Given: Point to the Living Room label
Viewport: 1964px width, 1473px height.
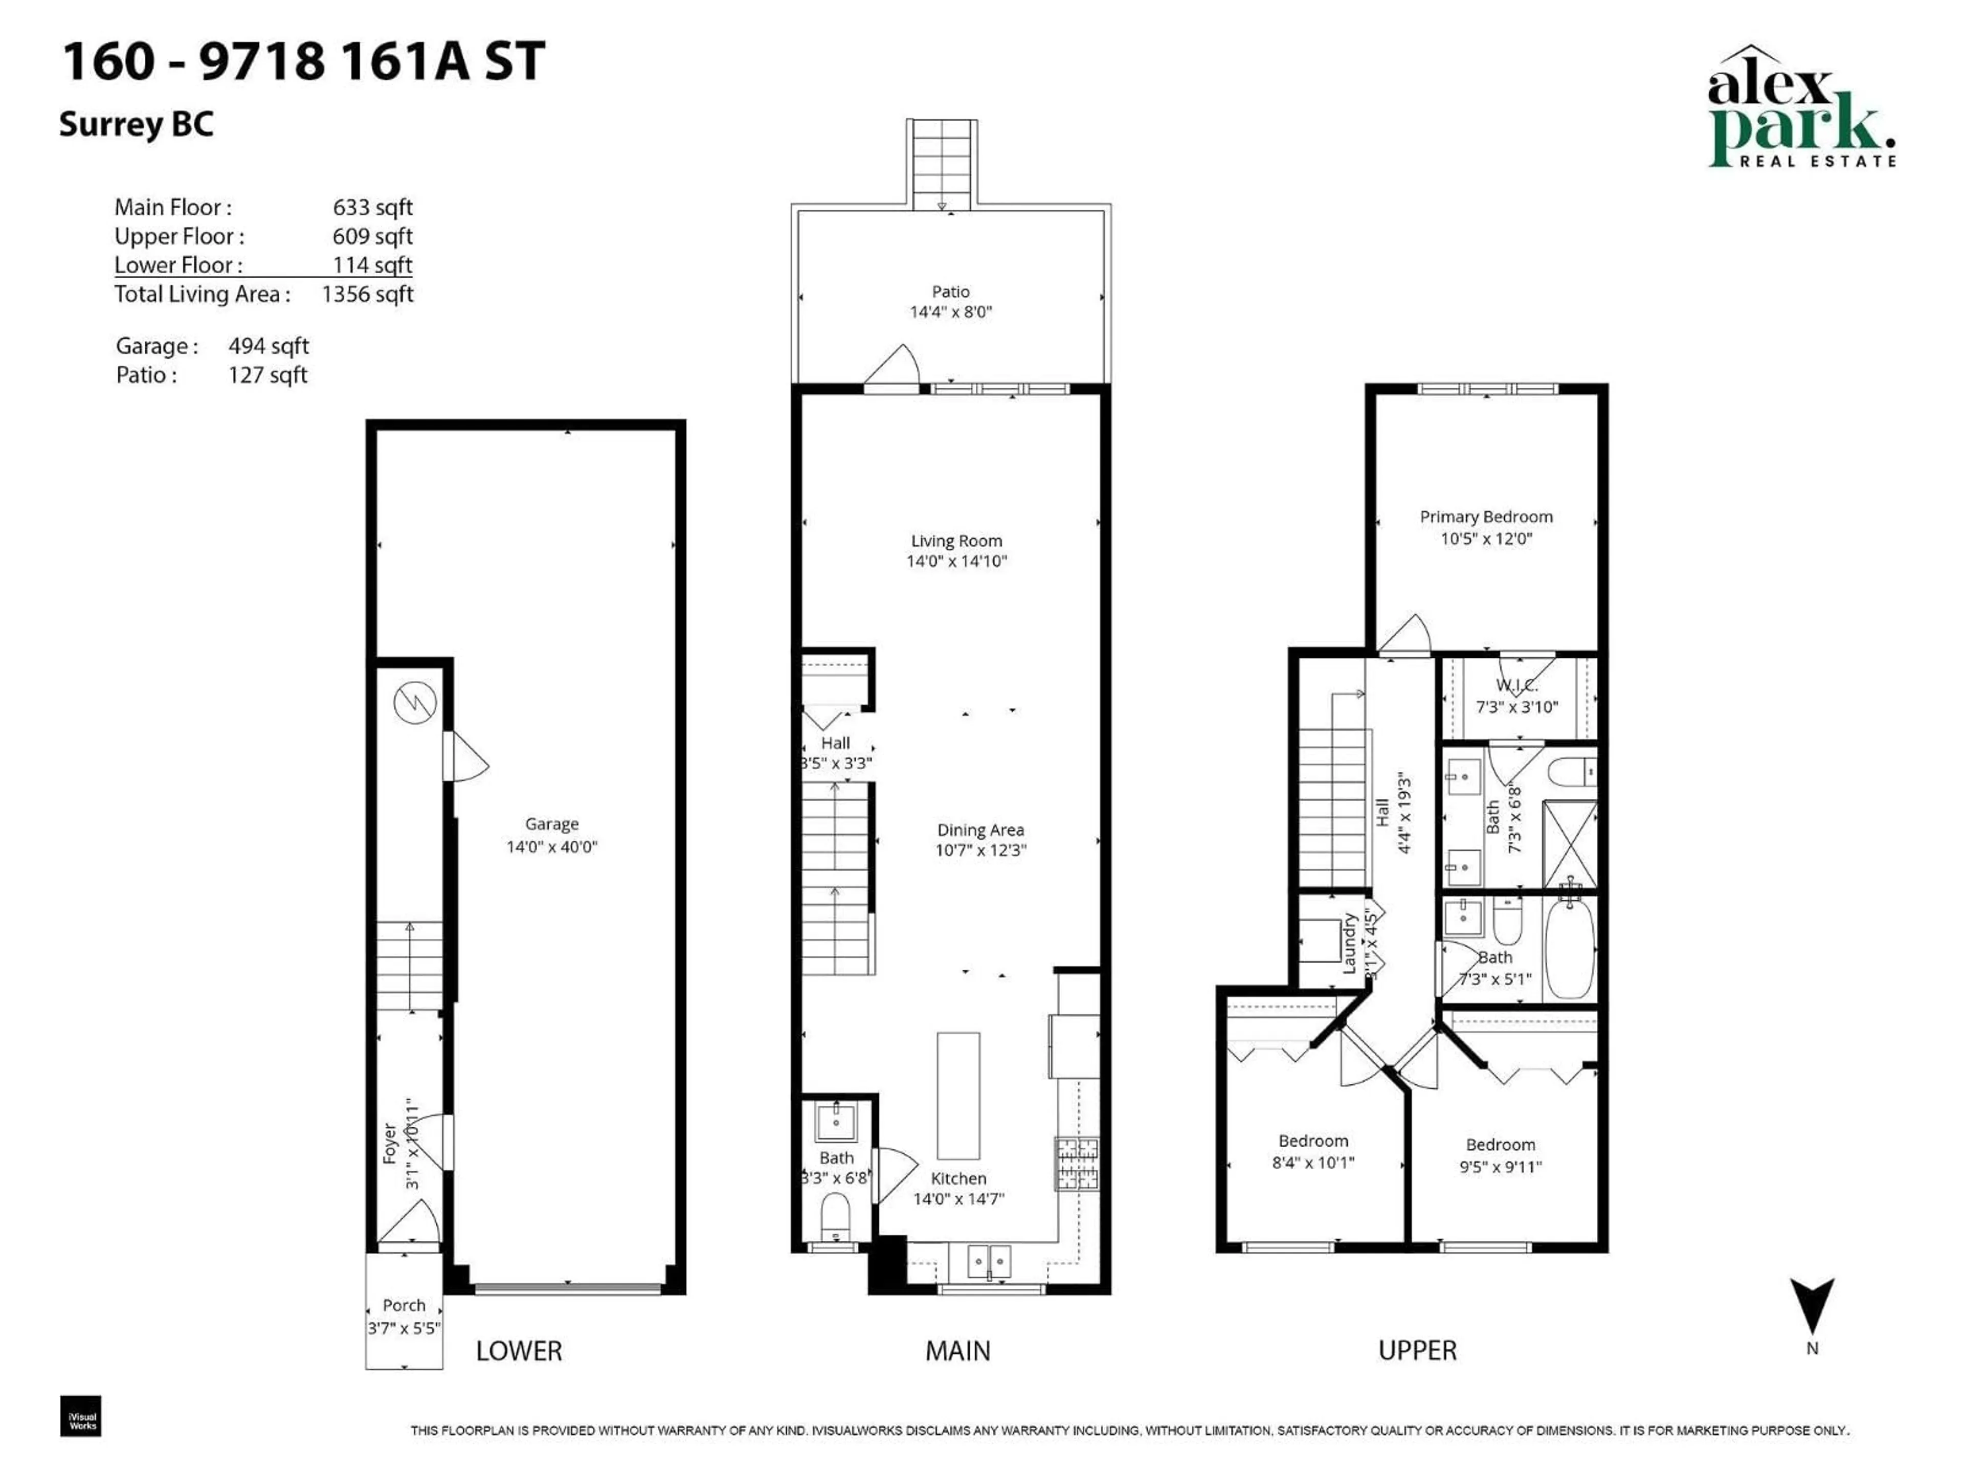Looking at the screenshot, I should (956, 541).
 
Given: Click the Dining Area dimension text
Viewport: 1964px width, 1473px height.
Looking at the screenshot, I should (980, 850).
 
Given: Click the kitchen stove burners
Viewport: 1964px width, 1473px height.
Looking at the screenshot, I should (1076, 1163).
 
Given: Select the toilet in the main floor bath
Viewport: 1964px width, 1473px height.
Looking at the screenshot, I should (835, 1216).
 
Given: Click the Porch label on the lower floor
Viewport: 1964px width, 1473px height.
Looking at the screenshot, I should (404, 1305).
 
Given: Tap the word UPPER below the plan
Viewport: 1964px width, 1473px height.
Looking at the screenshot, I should (1417, 1350).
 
